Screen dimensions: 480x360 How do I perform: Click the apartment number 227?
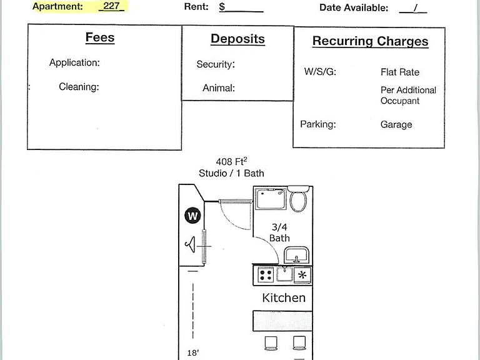pos(111,6)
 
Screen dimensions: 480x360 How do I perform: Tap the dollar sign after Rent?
pos(222,7)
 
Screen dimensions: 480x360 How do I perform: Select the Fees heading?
pos(100,37)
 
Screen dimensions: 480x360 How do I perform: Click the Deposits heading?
pos(237,39)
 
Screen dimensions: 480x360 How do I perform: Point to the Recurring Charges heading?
pos(370,41)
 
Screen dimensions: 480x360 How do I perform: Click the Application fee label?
pos(74,62)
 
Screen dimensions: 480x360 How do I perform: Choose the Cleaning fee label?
pos(79,87)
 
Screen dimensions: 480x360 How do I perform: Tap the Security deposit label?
pos(216,64)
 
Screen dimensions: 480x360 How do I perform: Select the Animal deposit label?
pos(219,88)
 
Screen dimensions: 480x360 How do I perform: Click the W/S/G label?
pos(320,72)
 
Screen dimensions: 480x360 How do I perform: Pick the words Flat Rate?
pos(400,72)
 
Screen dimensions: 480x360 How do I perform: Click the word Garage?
pos(396,124)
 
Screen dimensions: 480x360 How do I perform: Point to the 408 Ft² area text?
pos(231,161)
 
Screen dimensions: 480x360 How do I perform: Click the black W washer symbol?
pos(192,216)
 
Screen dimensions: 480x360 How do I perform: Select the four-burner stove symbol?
pos(266,275)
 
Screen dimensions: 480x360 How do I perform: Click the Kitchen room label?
pos(284,298)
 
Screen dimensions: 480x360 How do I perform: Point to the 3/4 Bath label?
pos(279,232)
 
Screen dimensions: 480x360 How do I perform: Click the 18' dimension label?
pos(193,353)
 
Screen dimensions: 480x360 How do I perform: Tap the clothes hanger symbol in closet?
pos(190,244)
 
